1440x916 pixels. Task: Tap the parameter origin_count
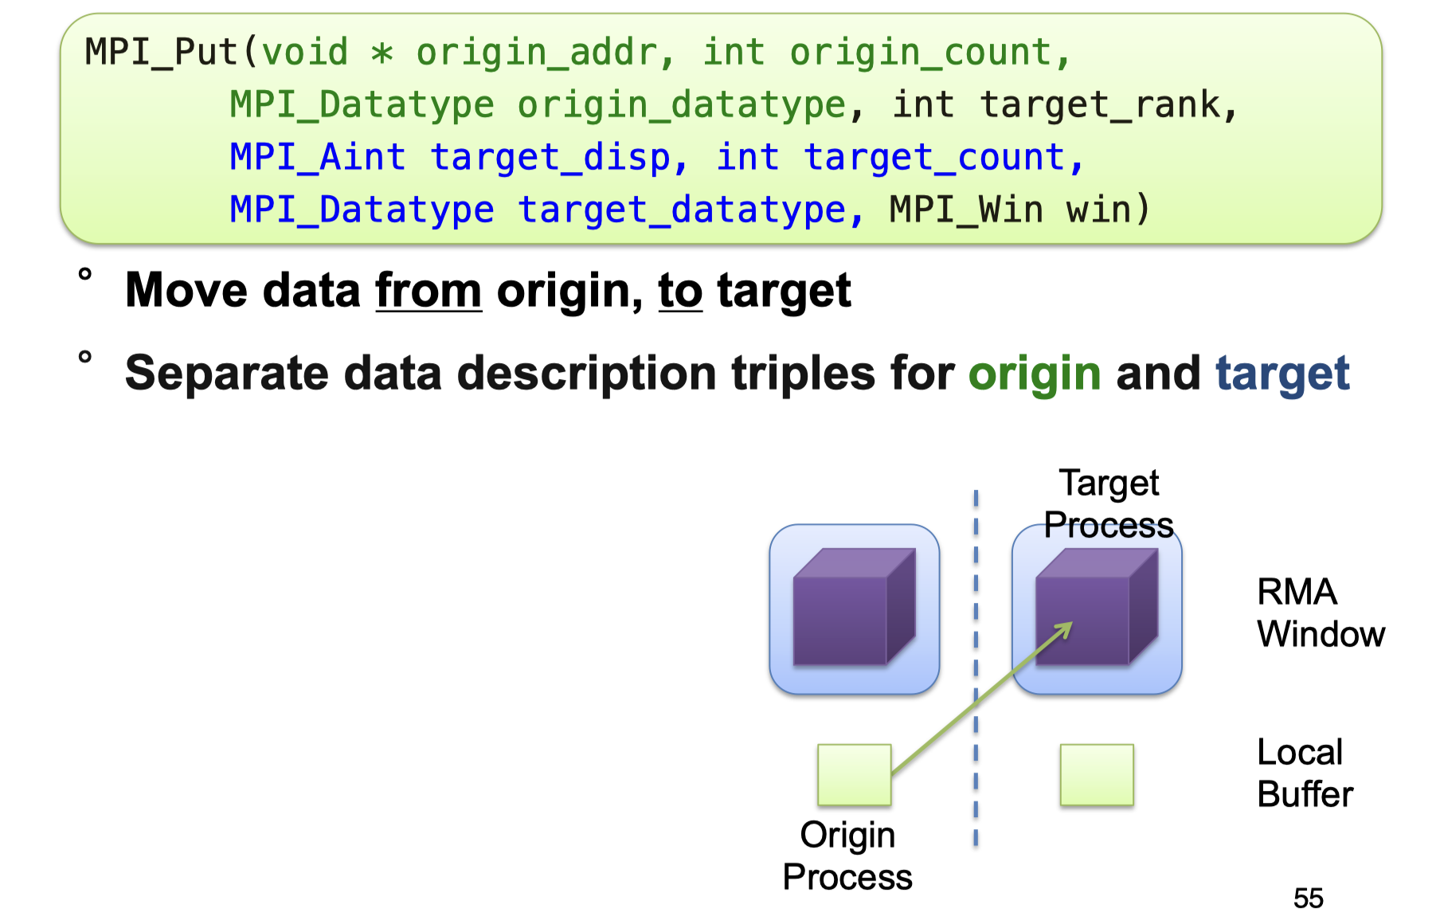pyautogui.click(x=920, y=53)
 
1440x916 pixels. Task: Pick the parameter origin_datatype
pyautogui.click(x=681, y=105)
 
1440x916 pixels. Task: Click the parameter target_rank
pyautogui.click(x=1100, y=105)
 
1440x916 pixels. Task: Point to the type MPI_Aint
pyautogui.click(x=317, y=157)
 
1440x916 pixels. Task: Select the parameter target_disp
pyautogui.click(x=550, y=157)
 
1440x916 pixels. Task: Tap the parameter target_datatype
pyautogui.click(x=681, y=209)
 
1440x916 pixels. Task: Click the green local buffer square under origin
pyautogui.click(x=854, y=774)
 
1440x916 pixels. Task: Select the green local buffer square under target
pyautogui.click(x=1097, y=774)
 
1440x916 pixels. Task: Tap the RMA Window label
pyautogui.click(x=1320, y=613)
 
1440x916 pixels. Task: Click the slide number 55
pyautogui.click(x=1308, y=898)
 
